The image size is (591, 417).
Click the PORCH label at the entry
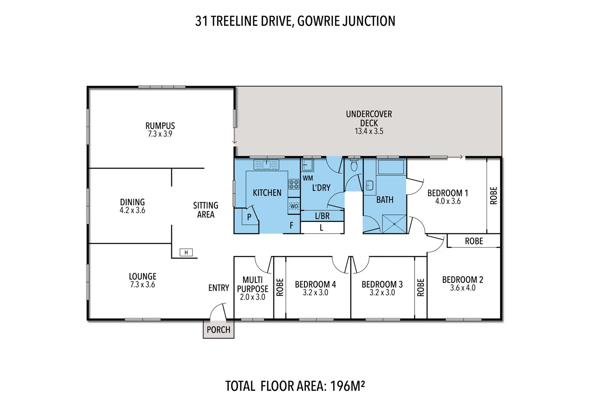pyautogui.click(x=218, y=330)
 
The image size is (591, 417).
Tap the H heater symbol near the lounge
pyautogui.click(x=186, y=253)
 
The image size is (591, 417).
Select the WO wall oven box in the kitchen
pyautogui.click(x=294, y=206)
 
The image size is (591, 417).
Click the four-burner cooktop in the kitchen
pyautogui.click(x=294, y=184)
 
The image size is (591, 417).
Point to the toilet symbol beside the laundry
pyautogui.click(x=354, y=166)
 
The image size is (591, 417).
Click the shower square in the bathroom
pyautogui.click(x=394, y=224)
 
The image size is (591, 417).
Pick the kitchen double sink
pyautogui.click(x=266, y=165)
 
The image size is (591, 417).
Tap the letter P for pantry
pyautogui.click(x=249, y=217)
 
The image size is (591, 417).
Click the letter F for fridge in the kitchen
pyautogui.click(x=292, y=225)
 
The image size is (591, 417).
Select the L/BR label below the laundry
pyautogui.click(x=322, y=216)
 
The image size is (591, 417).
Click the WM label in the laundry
pyautogui.click(x=308, y=178)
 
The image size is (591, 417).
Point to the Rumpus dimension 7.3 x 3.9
pyautogui.click(x=160, y=134)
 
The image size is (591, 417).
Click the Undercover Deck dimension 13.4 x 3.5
pyautogui.click(x=369, y=131)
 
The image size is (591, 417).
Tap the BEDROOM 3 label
pyautogui.click(x=382, y=285)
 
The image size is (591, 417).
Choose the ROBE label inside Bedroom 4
pyautogui.click(x=280, y=287)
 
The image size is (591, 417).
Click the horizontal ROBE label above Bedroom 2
pyautogui.click(x=473, y=241)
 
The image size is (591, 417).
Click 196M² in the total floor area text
pyautogui.click(x=348, y=386)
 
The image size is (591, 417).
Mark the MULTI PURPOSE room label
pyautogui.click(x=253, y=285)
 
